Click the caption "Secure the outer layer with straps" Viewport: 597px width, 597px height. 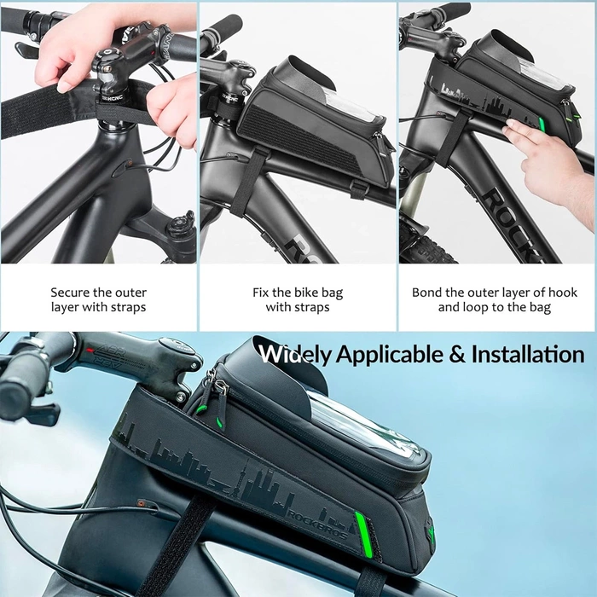pyautogui.click(x=98, y=299)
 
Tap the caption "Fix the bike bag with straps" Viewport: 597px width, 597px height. pyautogui.click(x=298, y=299)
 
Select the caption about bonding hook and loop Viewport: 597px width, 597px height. pyautogui.click(x=495, y=299)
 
